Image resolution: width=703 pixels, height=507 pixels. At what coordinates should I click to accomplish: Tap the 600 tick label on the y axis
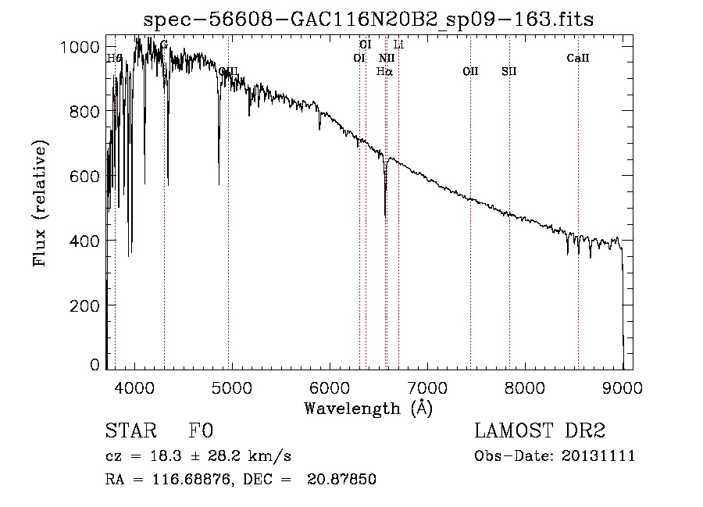[84, 177]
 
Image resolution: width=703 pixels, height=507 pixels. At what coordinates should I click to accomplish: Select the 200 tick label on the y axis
[84, 305]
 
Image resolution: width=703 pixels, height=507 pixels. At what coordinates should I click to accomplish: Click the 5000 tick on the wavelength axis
[231, 387]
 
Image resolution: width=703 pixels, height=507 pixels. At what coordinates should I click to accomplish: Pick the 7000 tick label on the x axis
[427, 387]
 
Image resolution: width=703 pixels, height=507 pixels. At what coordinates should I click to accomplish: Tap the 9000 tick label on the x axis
[623, 387]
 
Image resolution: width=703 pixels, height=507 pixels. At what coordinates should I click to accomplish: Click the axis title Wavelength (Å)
[368, 408]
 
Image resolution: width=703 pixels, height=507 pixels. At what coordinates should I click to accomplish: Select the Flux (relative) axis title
[40, 204]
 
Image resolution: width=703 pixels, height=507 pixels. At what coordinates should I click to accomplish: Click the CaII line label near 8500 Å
[578, 58]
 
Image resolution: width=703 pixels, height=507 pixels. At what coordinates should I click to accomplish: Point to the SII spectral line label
[509, 72]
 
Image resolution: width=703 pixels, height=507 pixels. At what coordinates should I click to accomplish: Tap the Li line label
[398, 45]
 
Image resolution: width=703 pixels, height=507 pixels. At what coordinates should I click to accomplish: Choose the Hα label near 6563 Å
[384, 72]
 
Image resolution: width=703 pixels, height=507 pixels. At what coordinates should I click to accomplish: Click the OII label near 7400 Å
[470, 72]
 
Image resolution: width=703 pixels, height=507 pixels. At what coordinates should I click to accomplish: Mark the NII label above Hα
[387, 58]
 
